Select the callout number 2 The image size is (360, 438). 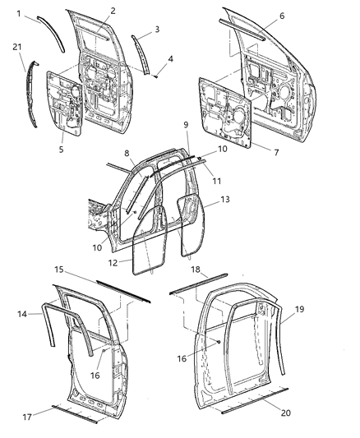click(113, 12)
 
